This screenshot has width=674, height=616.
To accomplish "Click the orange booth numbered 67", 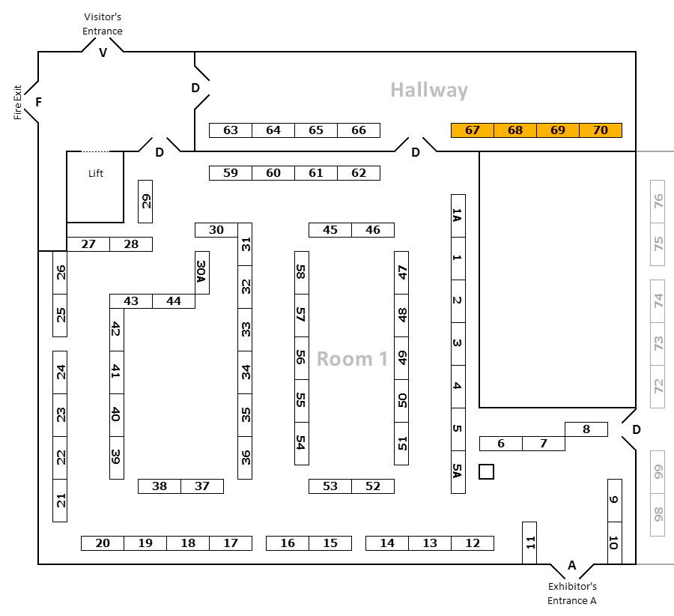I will pos(472,130).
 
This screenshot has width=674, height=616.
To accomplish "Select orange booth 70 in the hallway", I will pos(601,130).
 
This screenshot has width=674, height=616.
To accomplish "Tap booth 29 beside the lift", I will pos(146,202).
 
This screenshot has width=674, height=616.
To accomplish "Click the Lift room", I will pos(95,187).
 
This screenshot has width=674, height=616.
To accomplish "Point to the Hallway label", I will pos(429,91).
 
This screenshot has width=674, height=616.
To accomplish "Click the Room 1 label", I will pos(352,359).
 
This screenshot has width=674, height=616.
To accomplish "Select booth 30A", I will pos(201,272).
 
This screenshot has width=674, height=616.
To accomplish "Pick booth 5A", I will pos(458,471).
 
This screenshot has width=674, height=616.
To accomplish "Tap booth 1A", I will pos(458,216).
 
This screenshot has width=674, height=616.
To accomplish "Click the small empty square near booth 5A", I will pos(487,471).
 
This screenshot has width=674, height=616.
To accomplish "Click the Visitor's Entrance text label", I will pos(103,23).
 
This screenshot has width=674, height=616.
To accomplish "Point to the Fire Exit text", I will pos(18,102).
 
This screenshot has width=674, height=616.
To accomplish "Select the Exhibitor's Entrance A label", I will pos(572,593).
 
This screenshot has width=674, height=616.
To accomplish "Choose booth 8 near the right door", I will pos(586,429).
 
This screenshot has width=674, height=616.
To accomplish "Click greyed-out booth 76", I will pos(658,202).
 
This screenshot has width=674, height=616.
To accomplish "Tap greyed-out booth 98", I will pos(658,514).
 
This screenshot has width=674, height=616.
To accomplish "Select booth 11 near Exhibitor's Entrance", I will pos(529,543).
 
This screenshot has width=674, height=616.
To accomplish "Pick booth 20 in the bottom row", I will pos(103,543).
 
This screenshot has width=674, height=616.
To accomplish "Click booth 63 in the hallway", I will pos(231,130).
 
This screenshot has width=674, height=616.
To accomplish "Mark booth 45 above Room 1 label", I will pos(330,230).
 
